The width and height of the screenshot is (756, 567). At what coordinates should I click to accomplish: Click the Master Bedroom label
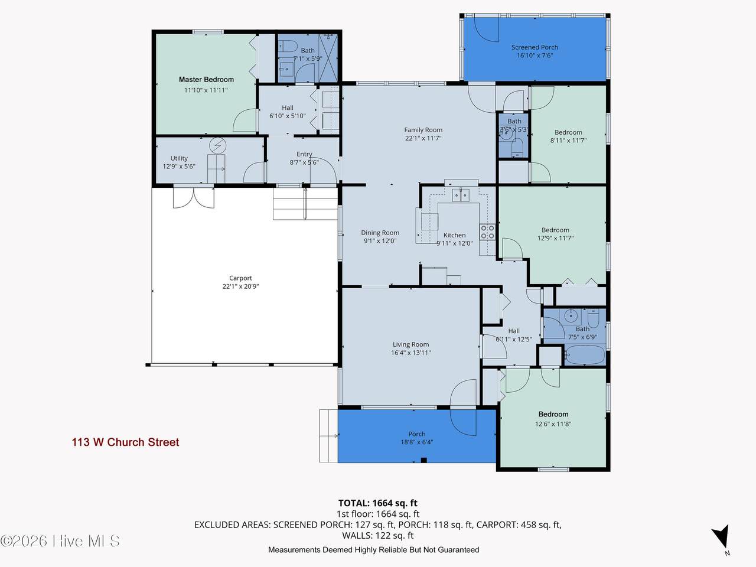coord(206,80)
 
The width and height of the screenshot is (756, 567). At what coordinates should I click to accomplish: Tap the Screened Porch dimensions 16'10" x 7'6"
coord(535,56)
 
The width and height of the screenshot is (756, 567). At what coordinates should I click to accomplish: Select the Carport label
coord(241,278)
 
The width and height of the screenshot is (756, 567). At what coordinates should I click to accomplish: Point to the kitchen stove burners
coord(488,232)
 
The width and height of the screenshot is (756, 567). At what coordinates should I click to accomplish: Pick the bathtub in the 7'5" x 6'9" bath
coord(585,355)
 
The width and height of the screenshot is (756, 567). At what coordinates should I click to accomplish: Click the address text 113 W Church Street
coord(125,442)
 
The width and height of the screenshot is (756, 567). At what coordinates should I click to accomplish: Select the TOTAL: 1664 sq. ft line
coord(378,503)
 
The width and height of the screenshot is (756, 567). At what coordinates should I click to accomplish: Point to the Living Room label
coord(411,344)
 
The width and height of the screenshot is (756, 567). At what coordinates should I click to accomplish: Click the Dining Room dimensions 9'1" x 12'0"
coord(380,241)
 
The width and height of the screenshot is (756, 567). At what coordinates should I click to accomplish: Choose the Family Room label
coord(423,130)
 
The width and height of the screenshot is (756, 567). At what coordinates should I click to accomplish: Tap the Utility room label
coord(179,158)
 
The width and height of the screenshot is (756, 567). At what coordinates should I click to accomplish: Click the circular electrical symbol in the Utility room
coord(218,146)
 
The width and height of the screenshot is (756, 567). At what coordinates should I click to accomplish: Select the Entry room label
coord(304,154)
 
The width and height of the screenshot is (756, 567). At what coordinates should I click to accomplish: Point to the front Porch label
coord(417,434)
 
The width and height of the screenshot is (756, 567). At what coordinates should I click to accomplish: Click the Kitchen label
coord(455,235)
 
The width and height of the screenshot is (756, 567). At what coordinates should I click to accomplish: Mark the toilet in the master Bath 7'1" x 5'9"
coord(288,46)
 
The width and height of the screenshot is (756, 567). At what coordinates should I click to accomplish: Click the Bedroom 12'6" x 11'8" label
coord(553,414)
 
